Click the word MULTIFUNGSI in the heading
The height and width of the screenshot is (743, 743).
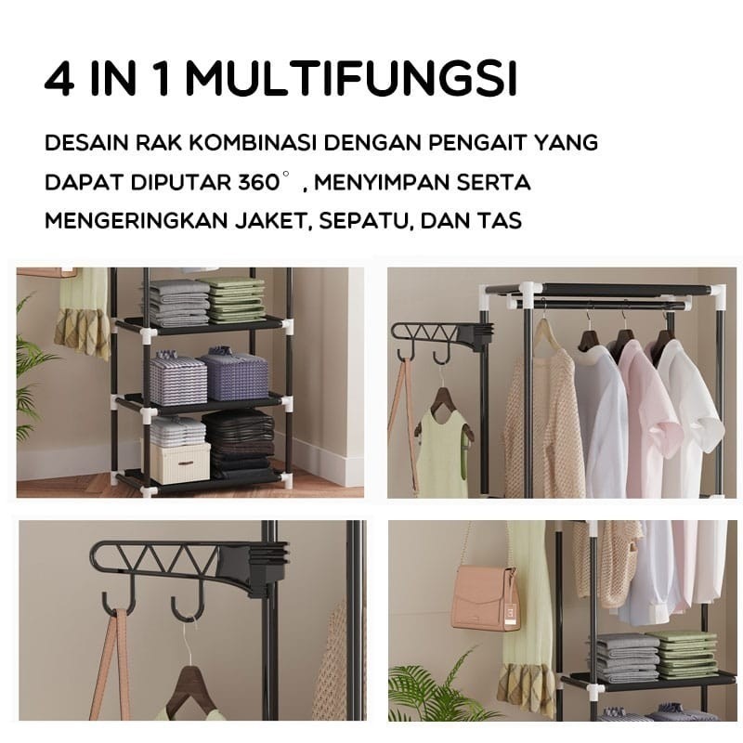click(x=350, y=81)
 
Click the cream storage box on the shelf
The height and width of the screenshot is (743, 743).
click(x=180, y=462)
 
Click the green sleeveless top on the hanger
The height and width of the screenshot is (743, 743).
click(x=444, y=450)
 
